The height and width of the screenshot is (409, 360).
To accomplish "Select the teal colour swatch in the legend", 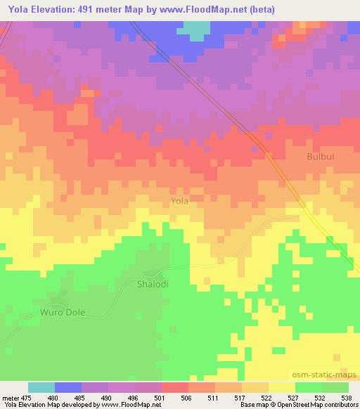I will click(41, 387).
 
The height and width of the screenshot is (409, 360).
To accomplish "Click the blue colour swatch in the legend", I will click(68, 387).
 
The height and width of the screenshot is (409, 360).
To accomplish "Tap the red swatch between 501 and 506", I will click(175, 387).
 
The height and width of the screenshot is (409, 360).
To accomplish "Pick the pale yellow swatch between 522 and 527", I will click(282, 387).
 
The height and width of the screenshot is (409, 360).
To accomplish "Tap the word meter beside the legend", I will click(9, 398).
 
